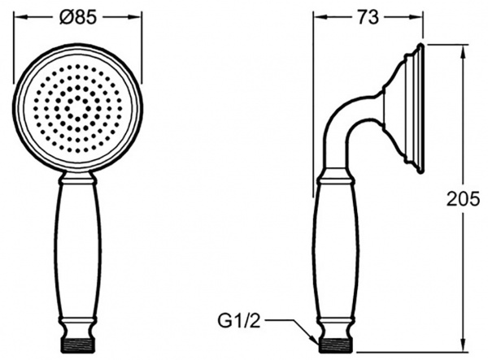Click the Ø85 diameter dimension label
click(x=78, y=17)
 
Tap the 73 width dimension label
click(x=368, y=17)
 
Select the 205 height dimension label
click(x=464, y=199)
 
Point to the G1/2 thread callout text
click(x=238, y=322)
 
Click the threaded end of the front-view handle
click(x=78, y=345)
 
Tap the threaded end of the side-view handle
click(x=335, y=345)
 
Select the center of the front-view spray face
click(x=78, y=109)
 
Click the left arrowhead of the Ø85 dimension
click(x=20, y=17)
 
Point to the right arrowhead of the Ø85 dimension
click(x=135, y=17)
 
